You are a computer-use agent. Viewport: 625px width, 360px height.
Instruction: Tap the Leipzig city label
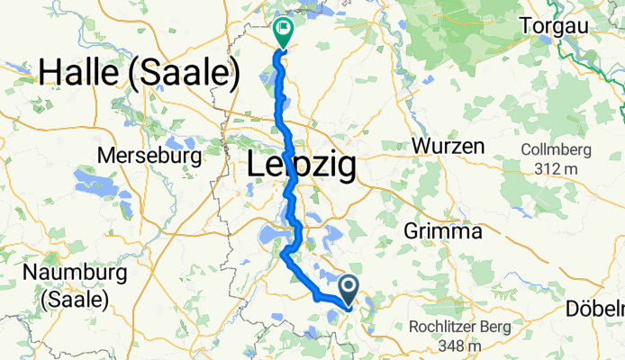pyautogui.click(x=301, y=167)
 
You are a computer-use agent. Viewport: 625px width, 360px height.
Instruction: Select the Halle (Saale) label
pyautogui.click(x=139, y=74)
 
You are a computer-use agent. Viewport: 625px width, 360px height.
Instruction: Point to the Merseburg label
pyautogui.click(x=148, y=155)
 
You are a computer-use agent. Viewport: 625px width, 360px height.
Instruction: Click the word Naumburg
pyautogui.click(x=69, y=273)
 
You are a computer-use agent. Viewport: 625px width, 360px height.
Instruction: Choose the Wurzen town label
pyautogui.click(x=448, y=145)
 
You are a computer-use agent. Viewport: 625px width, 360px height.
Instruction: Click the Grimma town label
pyautogui.click(x=444, y=231)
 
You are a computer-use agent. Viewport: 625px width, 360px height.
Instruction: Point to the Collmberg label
pyautogui.click(x=556, y=148)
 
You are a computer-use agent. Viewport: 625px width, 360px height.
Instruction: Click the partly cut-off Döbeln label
pyautogui.click(x=596, y=309)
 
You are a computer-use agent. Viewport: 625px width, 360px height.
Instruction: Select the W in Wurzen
pyautogui.click(x=421, y=145)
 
